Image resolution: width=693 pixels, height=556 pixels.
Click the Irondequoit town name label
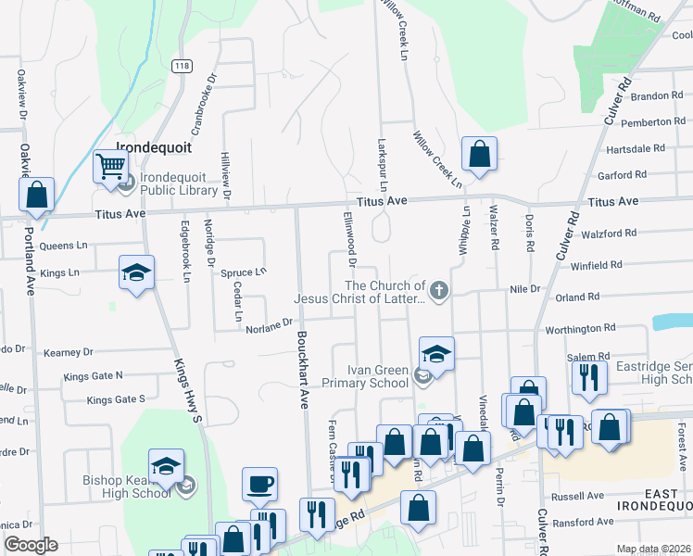153,146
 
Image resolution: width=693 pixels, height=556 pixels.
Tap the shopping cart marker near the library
110,168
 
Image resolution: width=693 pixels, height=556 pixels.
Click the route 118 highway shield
183,65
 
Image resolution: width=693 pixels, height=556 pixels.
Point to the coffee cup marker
258,483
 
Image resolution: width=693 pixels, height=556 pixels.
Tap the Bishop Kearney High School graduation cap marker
166,465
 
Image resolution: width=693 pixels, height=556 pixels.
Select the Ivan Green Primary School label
365,375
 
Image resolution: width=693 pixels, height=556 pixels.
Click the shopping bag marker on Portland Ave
36,196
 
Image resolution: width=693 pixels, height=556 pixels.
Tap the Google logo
30,545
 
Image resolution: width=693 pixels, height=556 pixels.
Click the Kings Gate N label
93,376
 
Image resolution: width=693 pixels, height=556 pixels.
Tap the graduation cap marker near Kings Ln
136,272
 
